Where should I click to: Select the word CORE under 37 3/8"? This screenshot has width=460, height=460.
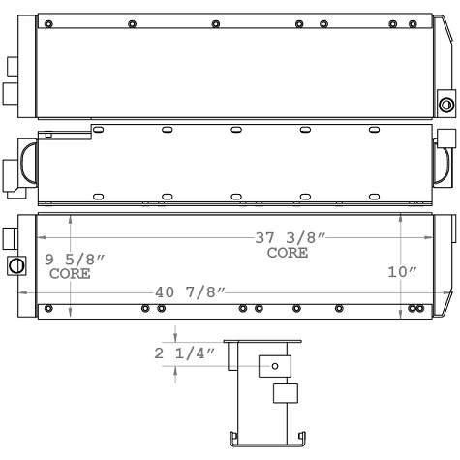click(x=289, y=254)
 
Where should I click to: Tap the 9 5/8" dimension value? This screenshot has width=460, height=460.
click(x=76, y=260)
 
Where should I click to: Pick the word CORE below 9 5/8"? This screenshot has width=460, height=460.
click(x=70, y=274)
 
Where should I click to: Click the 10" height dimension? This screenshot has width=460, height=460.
click(x=401, y=273)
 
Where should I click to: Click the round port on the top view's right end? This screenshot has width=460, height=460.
click(x=446, y=104)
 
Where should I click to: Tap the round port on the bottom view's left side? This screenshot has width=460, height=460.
click(x=16, y=266)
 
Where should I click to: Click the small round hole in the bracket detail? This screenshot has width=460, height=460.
click(x=274, y=393)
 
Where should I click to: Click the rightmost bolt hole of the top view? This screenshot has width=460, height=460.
click(x=417, y=23)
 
